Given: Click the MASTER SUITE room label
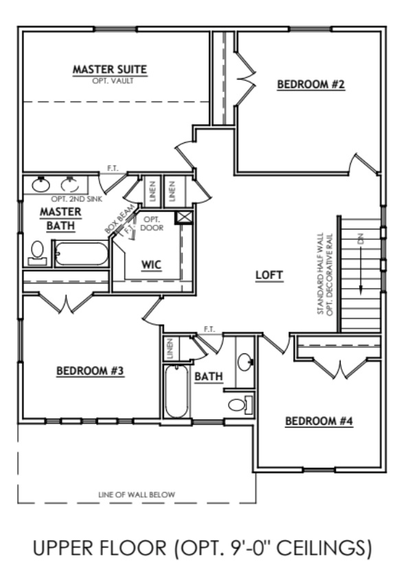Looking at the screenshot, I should (x=110, y=69).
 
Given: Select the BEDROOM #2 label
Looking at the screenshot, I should (x=310, y=85).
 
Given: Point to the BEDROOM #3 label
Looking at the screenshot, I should (x=90, y=372).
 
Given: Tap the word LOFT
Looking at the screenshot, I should (x=269, y=275).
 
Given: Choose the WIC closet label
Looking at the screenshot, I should (x=151, y=265).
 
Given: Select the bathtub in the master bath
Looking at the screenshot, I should (x=81, y=254).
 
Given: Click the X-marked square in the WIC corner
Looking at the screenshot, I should (x=184, y=218).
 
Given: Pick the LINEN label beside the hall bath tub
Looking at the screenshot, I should (x=169, y=350).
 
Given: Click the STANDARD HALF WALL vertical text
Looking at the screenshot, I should (x=321, y=275).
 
